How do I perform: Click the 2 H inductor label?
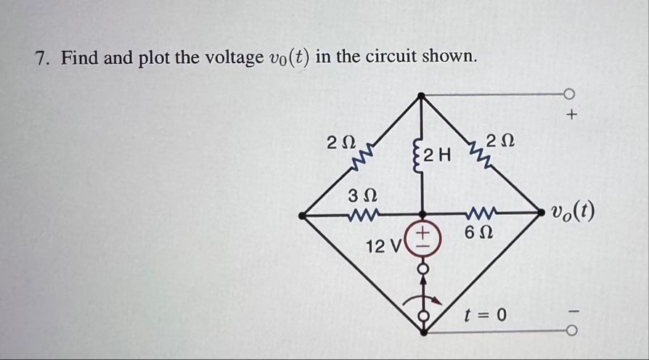437,155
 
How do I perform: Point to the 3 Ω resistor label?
362,195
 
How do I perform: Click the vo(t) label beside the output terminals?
573,211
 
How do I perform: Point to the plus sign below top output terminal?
572,114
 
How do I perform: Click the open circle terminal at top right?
570,94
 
